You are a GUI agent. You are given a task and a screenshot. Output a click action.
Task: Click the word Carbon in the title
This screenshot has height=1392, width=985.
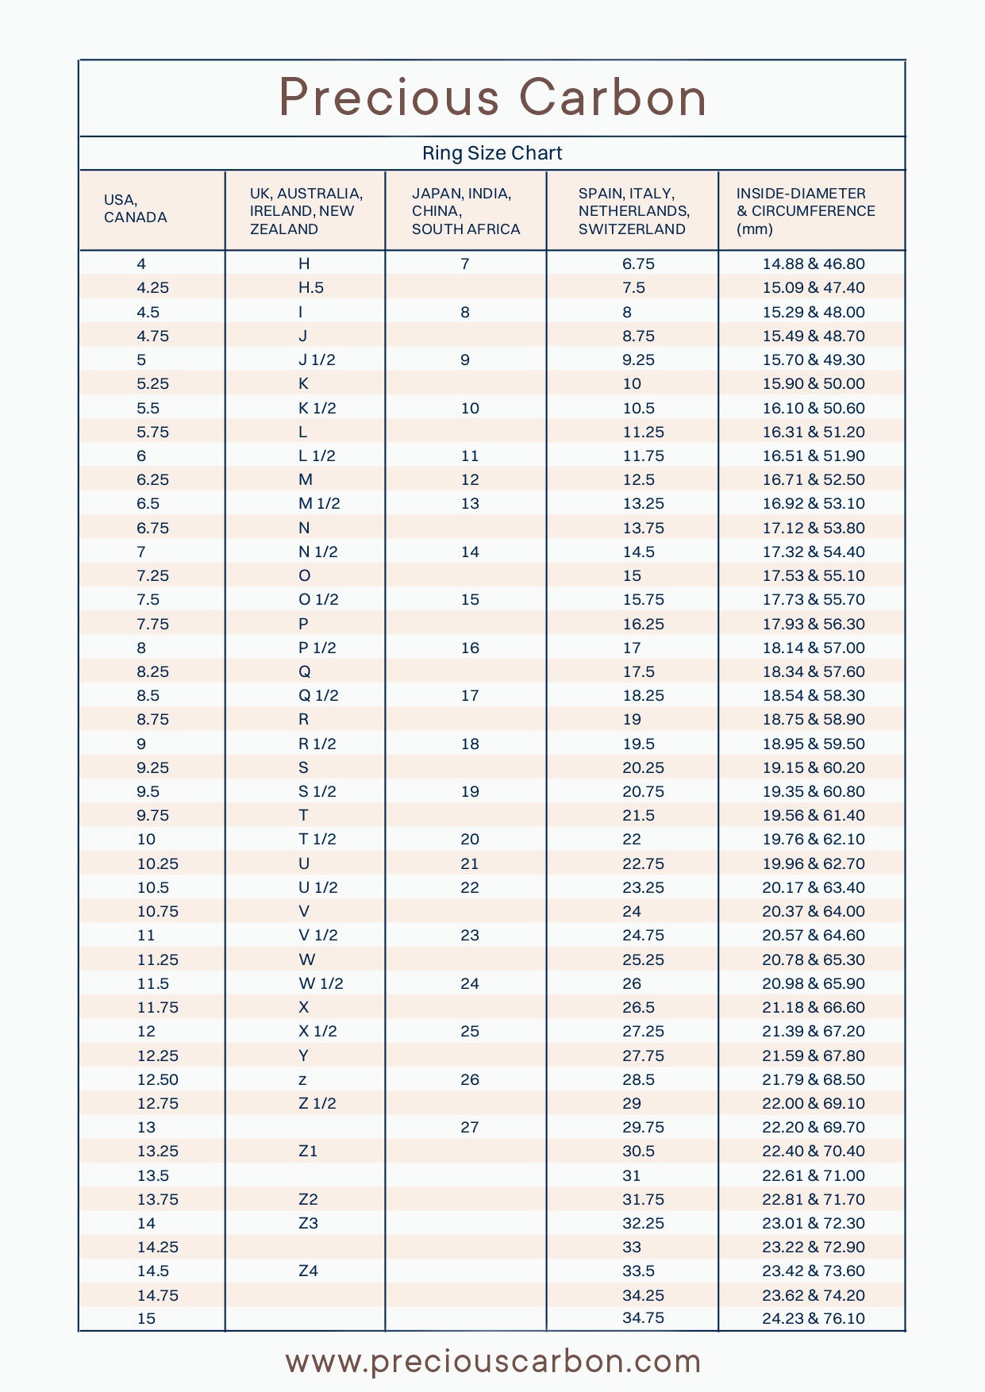coord(612,98)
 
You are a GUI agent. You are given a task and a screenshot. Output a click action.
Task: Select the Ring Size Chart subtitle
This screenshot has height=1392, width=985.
coord(492,153)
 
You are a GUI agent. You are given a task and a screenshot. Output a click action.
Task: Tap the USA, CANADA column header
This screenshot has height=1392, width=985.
coord(135,209)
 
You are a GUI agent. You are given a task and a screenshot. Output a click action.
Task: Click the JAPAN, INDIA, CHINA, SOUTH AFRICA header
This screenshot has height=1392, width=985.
coord(465,211)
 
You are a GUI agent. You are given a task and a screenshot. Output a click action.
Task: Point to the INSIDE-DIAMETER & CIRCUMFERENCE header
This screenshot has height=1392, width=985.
coord(805,211)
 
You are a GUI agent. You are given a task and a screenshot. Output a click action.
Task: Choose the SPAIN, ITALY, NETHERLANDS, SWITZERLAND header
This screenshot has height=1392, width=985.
coord(633,211)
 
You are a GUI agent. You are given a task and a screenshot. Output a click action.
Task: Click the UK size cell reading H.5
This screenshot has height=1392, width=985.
coord(311,287)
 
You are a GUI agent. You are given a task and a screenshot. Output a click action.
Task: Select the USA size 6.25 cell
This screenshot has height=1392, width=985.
coord(152,479)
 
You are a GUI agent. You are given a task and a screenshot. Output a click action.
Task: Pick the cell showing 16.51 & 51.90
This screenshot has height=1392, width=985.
coord(814,456)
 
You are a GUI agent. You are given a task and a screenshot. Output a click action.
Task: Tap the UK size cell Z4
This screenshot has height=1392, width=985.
coord(308,1271)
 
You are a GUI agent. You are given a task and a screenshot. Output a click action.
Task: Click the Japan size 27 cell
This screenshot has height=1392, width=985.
coord(470,1127)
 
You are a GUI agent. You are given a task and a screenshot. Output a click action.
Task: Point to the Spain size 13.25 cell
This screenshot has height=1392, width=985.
coord(643,503)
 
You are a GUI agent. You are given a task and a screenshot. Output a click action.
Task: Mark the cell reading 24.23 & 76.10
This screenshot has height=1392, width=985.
coord(814,1318)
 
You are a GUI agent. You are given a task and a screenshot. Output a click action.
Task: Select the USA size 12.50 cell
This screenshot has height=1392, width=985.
coord(157,1079)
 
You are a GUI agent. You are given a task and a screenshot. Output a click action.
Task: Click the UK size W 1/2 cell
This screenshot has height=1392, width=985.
coord(321,983)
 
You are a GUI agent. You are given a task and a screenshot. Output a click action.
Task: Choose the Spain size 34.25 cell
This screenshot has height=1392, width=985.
coord(643,1295)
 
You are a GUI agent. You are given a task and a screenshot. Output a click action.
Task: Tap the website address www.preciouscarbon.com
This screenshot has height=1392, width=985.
coord(493,1362)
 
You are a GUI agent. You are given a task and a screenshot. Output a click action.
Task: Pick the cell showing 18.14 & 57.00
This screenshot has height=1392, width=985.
coord(814,648)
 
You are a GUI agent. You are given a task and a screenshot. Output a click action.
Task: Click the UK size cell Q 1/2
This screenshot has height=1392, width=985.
coord(318,695)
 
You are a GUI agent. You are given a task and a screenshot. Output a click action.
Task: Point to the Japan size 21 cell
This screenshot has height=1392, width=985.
coord(470,863)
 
